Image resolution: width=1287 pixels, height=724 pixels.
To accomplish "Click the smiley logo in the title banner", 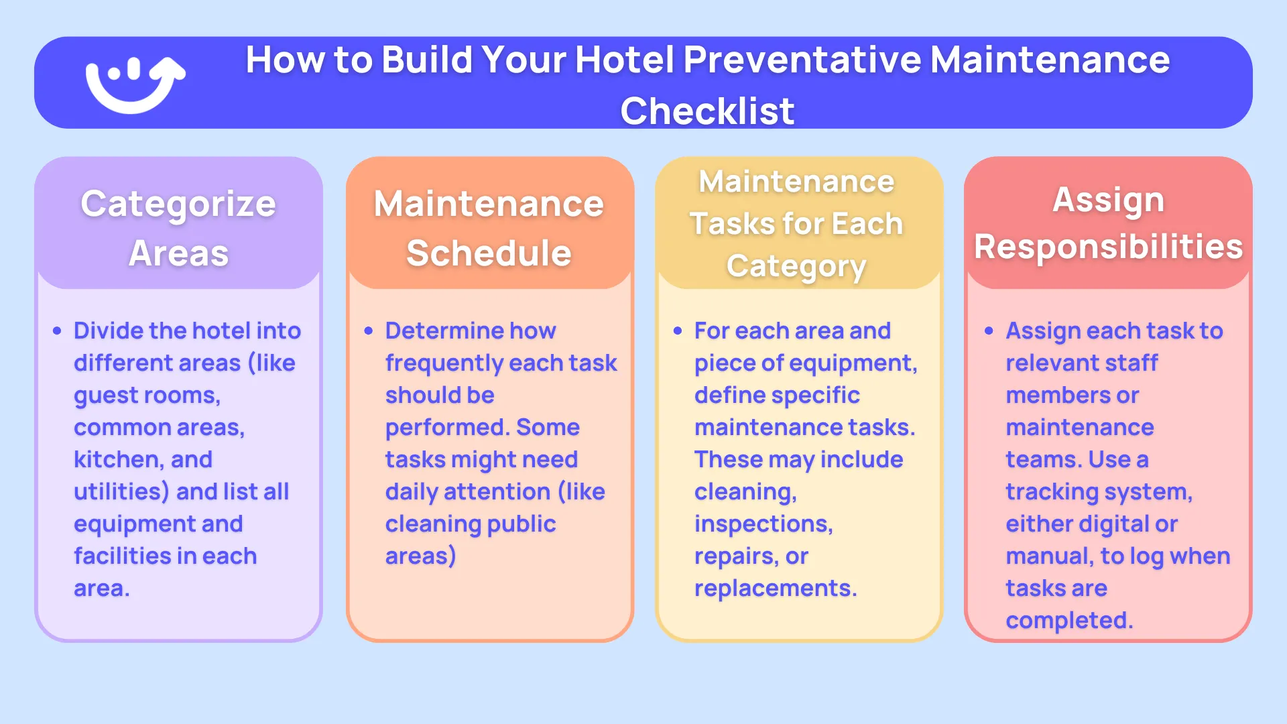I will click(x=134, y=84).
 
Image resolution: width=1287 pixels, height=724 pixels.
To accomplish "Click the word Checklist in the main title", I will click(x=707, y=111).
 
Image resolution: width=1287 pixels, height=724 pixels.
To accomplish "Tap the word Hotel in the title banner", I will click(x=624, y=60).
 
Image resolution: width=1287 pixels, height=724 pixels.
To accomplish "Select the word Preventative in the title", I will click(x=802, y=60).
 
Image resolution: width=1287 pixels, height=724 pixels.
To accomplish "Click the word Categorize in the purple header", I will click(x=178, y=204).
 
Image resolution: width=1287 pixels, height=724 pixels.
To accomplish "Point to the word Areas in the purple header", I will click(x=178, y=253).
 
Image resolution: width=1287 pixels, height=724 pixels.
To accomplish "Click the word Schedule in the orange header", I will click(x=489, y=253).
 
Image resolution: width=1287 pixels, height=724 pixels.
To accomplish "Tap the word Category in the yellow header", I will click(x=796, y=266).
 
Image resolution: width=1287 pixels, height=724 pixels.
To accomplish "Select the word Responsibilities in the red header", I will click(x=1108, y=247).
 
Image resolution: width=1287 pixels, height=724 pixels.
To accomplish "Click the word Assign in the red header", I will click(x=1108, y=200).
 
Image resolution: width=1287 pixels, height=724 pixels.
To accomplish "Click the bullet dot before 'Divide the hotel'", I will click(x=57, y=331).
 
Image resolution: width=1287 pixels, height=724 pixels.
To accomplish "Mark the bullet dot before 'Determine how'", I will click(x=369, y=331).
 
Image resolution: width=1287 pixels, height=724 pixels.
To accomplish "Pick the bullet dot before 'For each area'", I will click(x=678, y=331).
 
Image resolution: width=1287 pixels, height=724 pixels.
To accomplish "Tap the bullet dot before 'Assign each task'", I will click(x=989, y=331).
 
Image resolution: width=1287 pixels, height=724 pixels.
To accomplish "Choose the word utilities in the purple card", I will click(x=121, y=492).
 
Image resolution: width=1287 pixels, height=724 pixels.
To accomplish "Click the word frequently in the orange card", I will click(x=443, y=363).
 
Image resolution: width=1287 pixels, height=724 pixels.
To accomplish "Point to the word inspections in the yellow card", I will click(x=763, y=524).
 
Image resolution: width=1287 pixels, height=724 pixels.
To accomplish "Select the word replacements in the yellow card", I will click(x=775, y=589).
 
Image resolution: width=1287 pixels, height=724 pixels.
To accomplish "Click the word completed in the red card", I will click(x=1068, y=621).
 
